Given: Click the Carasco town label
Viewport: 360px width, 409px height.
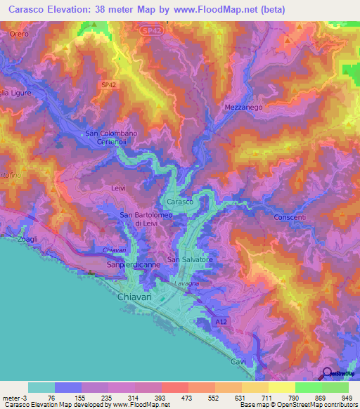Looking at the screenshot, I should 180,202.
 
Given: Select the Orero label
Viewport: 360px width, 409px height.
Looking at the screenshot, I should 19,34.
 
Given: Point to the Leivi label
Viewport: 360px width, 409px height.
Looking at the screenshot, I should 117,188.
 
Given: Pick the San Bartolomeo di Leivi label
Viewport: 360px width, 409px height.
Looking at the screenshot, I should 138,219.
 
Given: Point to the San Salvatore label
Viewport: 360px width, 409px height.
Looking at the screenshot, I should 189,259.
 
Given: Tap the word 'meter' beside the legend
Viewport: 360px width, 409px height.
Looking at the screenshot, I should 10,398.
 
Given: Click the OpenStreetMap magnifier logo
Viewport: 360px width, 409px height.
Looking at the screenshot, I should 326,373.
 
